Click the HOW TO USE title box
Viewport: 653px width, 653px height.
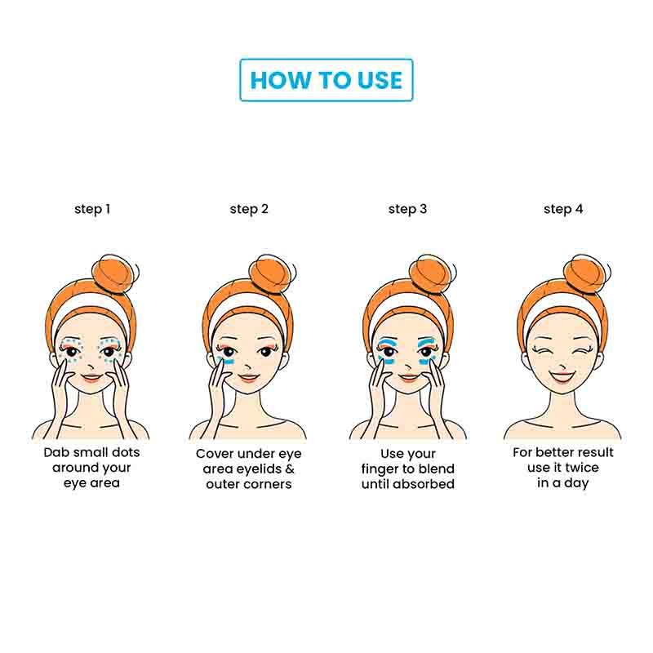(x=326, y=80)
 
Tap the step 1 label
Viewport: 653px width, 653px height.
(x=92, y=209)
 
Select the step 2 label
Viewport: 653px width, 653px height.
(x=249, y=209)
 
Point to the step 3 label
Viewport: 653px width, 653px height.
(x=407, y=209)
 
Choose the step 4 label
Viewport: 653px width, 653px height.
(x=563, y=209)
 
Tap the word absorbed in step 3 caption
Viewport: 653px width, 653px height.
(x=425, y=484)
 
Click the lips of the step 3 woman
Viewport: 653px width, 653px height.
(x=407, y=378)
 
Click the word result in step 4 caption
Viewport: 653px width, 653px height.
(x=594, y=452)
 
